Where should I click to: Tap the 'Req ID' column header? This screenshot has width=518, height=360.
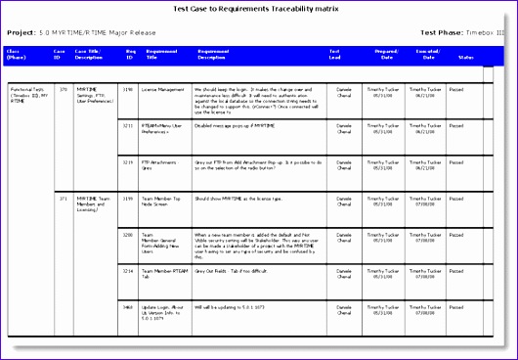click(128, 54)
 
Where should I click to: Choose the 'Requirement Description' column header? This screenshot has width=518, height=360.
click(212, 54)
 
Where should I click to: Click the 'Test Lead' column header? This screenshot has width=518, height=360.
click(335, 54)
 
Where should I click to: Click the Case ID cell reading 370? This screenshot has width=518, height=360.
click(64, 88)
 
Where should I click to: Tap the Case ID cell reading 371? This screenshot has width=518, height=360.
click(64, 197)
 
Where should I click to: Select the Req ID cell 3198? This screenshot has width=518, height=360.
click(128, 88)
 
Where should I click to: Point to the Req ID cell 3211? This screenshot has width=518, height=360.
click(128, 125)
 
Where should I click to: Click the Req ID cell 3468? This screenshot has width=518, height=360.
click(128, 306)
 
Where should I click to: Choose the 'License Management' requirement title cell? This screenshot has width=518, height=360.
click(164, 88)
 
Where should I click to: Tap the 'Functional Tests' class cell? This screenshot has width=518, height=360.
click(29, 94)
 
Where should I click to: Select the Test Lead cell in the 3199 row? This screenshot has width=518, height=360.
click(344, 201)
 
